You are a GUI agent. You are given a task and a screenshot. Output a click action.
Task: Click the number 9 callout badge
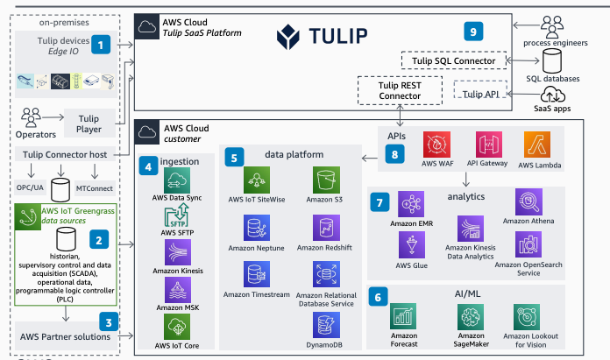click(x=473, y=32)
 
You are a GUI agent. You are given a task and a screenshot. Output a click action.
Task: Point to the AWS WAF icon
click(x=436, y=144)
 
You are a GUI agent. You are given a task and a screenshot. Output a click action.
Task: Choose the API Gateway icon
click(x=489, y=144)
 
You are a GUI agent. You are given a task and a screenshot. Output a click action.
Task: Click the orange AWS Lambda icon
click(x=539, y=144)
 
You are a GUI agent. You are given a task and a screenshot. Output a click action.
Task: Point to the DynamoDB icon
click(x=323, y=326)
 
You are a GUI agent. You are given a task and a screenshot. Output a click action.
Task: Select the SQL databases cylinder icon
click(x=554, y=62)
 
